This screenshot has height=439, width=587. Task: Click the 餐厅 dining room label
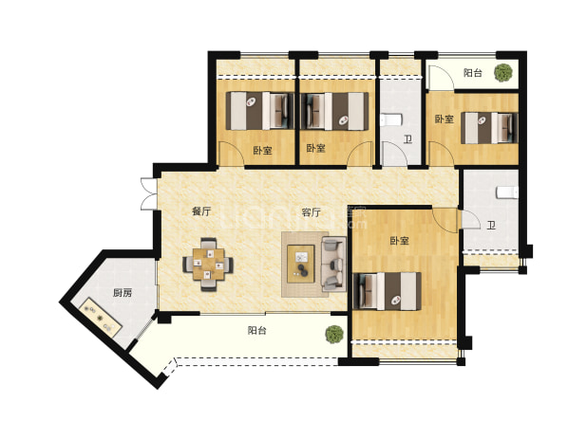coord(201,211)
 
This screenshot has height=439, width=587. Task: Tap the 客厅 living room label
coord(312,212)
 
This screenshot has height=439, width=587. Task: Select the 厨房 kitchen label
coord(123,293)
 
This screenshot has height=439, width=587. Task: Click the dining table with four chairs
coord(208,265)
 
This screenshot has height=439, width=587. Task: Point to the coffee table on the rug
coord(301,264)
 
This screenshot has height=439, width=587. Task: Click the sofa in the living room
coord(333,264)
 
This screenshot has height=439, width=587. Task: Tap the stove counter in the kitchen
coord(101,318)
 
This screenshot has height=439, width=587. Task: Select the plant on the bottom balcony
coord(334,334)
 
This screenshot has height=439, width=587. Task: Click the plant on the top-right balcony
coord(503,72)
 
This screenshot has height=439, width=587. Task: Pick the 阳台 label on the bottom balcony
coord(257,330)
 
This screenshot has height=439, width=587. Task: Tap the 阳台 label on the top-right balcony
coord(473,72)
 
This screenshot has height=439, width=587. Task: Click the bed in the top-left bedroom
coord(260,111)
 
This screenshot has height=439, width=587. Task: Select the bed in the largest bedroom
coord(388,291)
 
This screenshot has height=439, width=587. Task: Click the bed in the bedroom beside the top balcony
coord(489,128)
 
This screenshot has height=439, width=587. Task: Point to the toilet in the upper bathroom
coord(390,120)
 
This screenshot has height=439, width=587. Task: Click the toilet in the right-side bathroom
coord(507,192)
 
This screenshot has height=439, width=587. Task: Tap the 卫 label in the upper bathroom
coord(407,139)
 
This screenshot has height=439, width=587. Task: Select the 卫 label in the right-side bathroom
coord(491,226)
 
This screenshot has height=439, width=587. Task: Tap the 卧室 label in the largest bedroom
coord(400,241)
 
